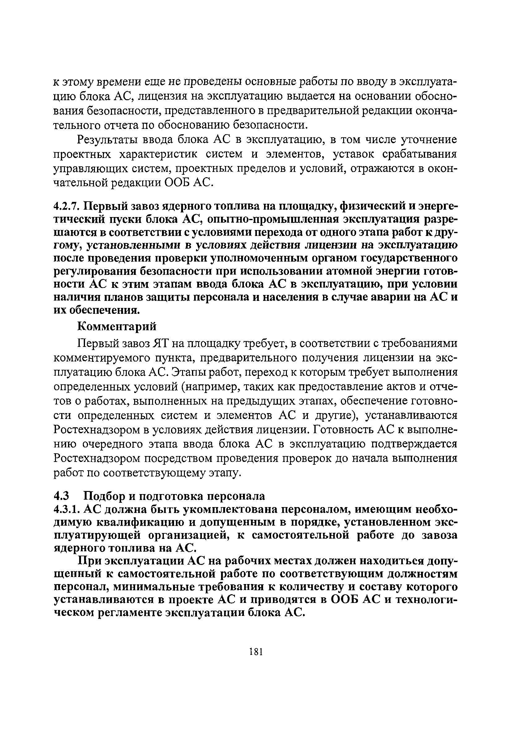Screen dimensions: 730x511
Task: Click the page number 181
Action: (x=256, y=652)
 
